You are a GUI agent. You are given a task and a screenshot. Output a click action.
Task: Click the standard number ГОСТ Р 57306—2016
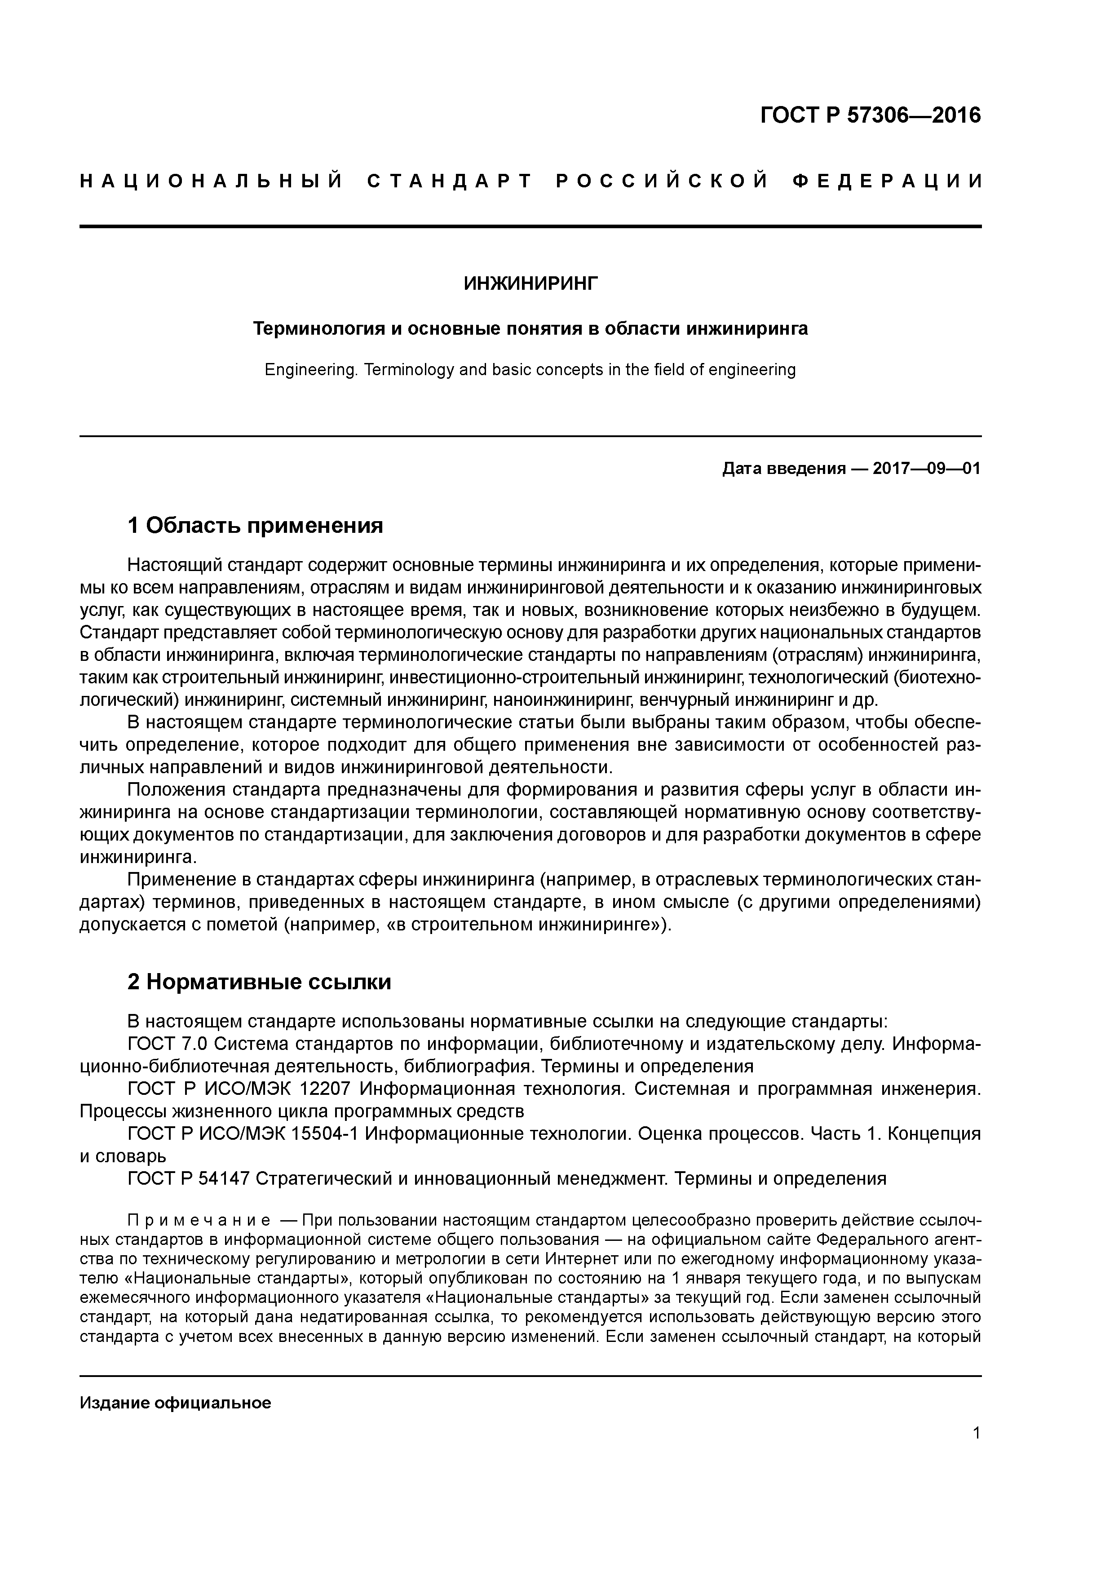[871, 115]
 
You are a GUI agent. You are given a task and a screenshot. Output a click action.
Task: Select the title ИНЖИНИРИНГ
[530, 283]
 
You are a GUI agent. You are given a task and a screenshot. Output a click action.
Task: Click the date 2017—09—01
[927, 469]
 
